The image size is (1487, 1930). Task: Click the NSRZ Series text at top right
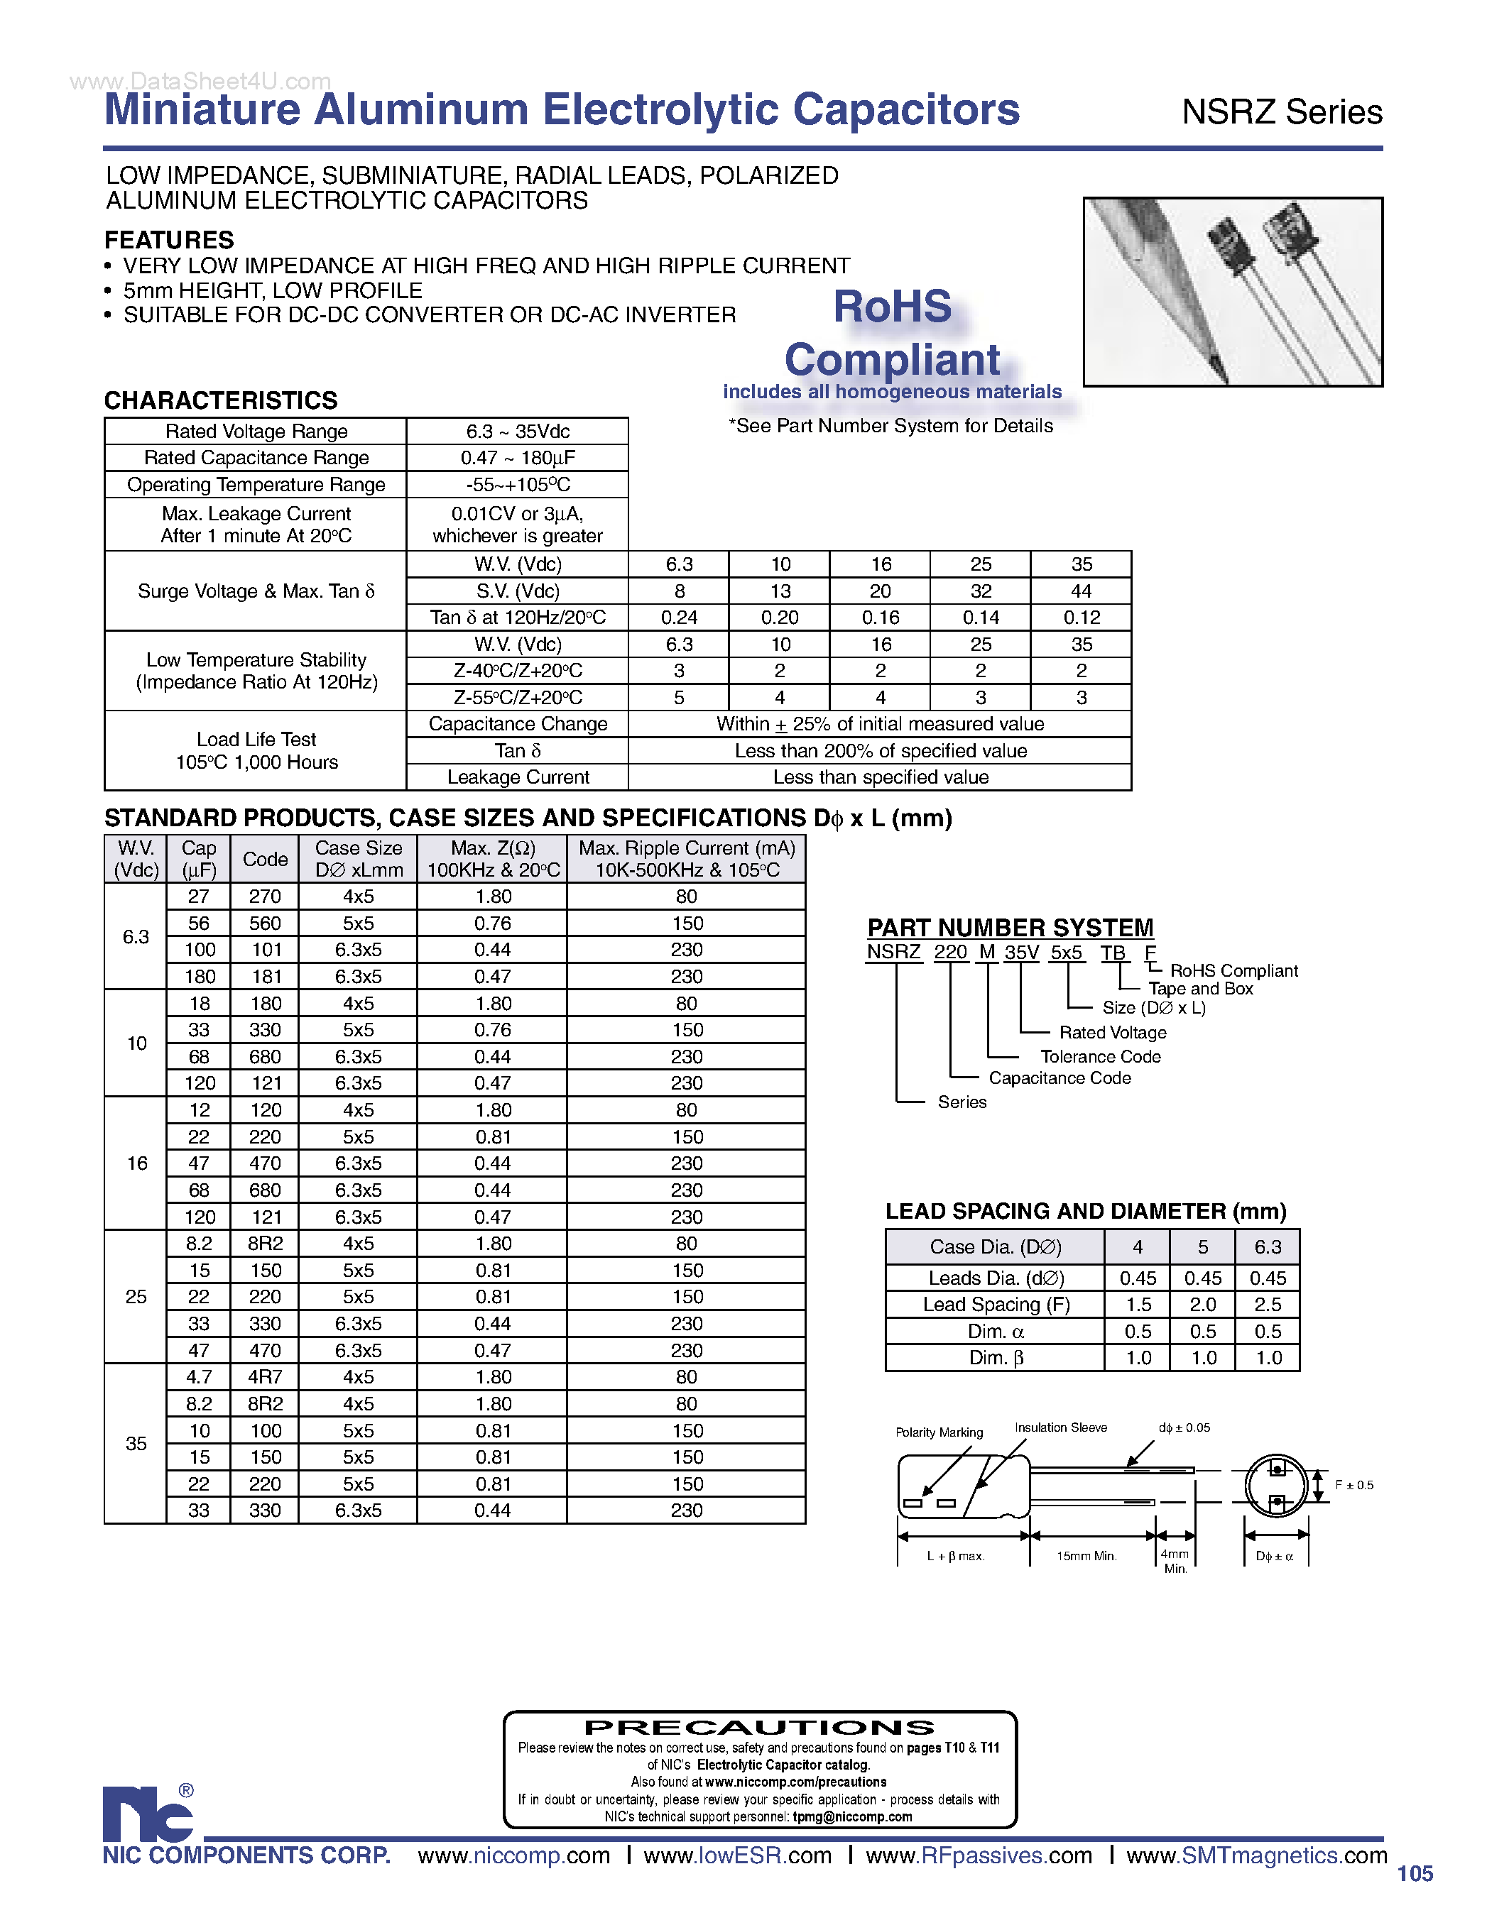(1281, 112)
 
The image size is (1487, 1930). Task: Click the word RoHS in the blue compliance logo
(892, 307)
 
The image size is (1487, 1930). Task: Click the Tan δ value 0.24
(678, 617)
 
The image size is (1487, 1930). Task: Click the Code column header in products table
(264, 859)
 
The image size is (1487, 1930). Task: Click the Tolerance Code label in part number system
(1100, 1056)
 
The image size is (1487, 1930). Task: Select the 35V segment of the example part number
(1021, 953)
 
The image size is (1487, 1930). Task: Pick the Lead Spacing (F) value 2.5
(1267, 1305)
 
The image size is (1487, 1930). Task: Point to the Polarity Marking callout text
(939, 1432)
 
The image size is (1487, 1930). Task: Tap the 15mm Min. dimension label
(1086, 1556)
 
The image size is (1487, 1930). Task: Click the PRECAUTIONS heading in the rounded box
(759, 1727)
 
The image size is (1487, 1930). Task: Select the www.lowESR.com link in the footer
(737, 1855)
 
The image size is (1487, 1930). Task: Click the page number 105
(1415, 1873)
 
